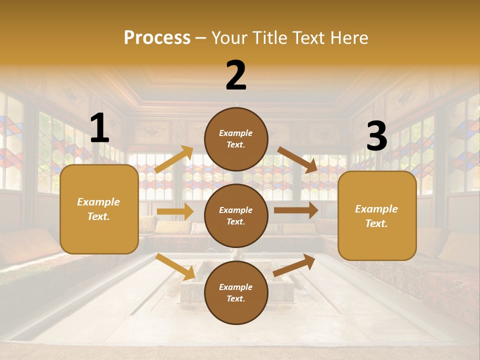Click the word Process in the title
click(157, 38)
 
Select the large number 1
click(99, 128)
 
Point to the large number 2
click(236, 75)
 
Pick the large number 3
click(376, 136)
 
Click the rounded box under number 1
click(99, 209)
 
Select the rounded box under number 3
click(377, 215)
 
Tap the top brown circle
click(236, 139)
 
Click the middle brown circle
click(236, 215)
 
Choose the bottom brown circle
click(236, 292)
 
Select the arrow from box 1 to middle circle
click(175, 211)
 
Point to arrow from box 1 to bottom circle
click(175, 266)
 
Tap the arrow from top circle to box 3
click(297, 159)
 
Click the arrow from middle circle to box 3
click(296, 210)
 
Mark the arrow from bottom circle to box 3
click(294, 265)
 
